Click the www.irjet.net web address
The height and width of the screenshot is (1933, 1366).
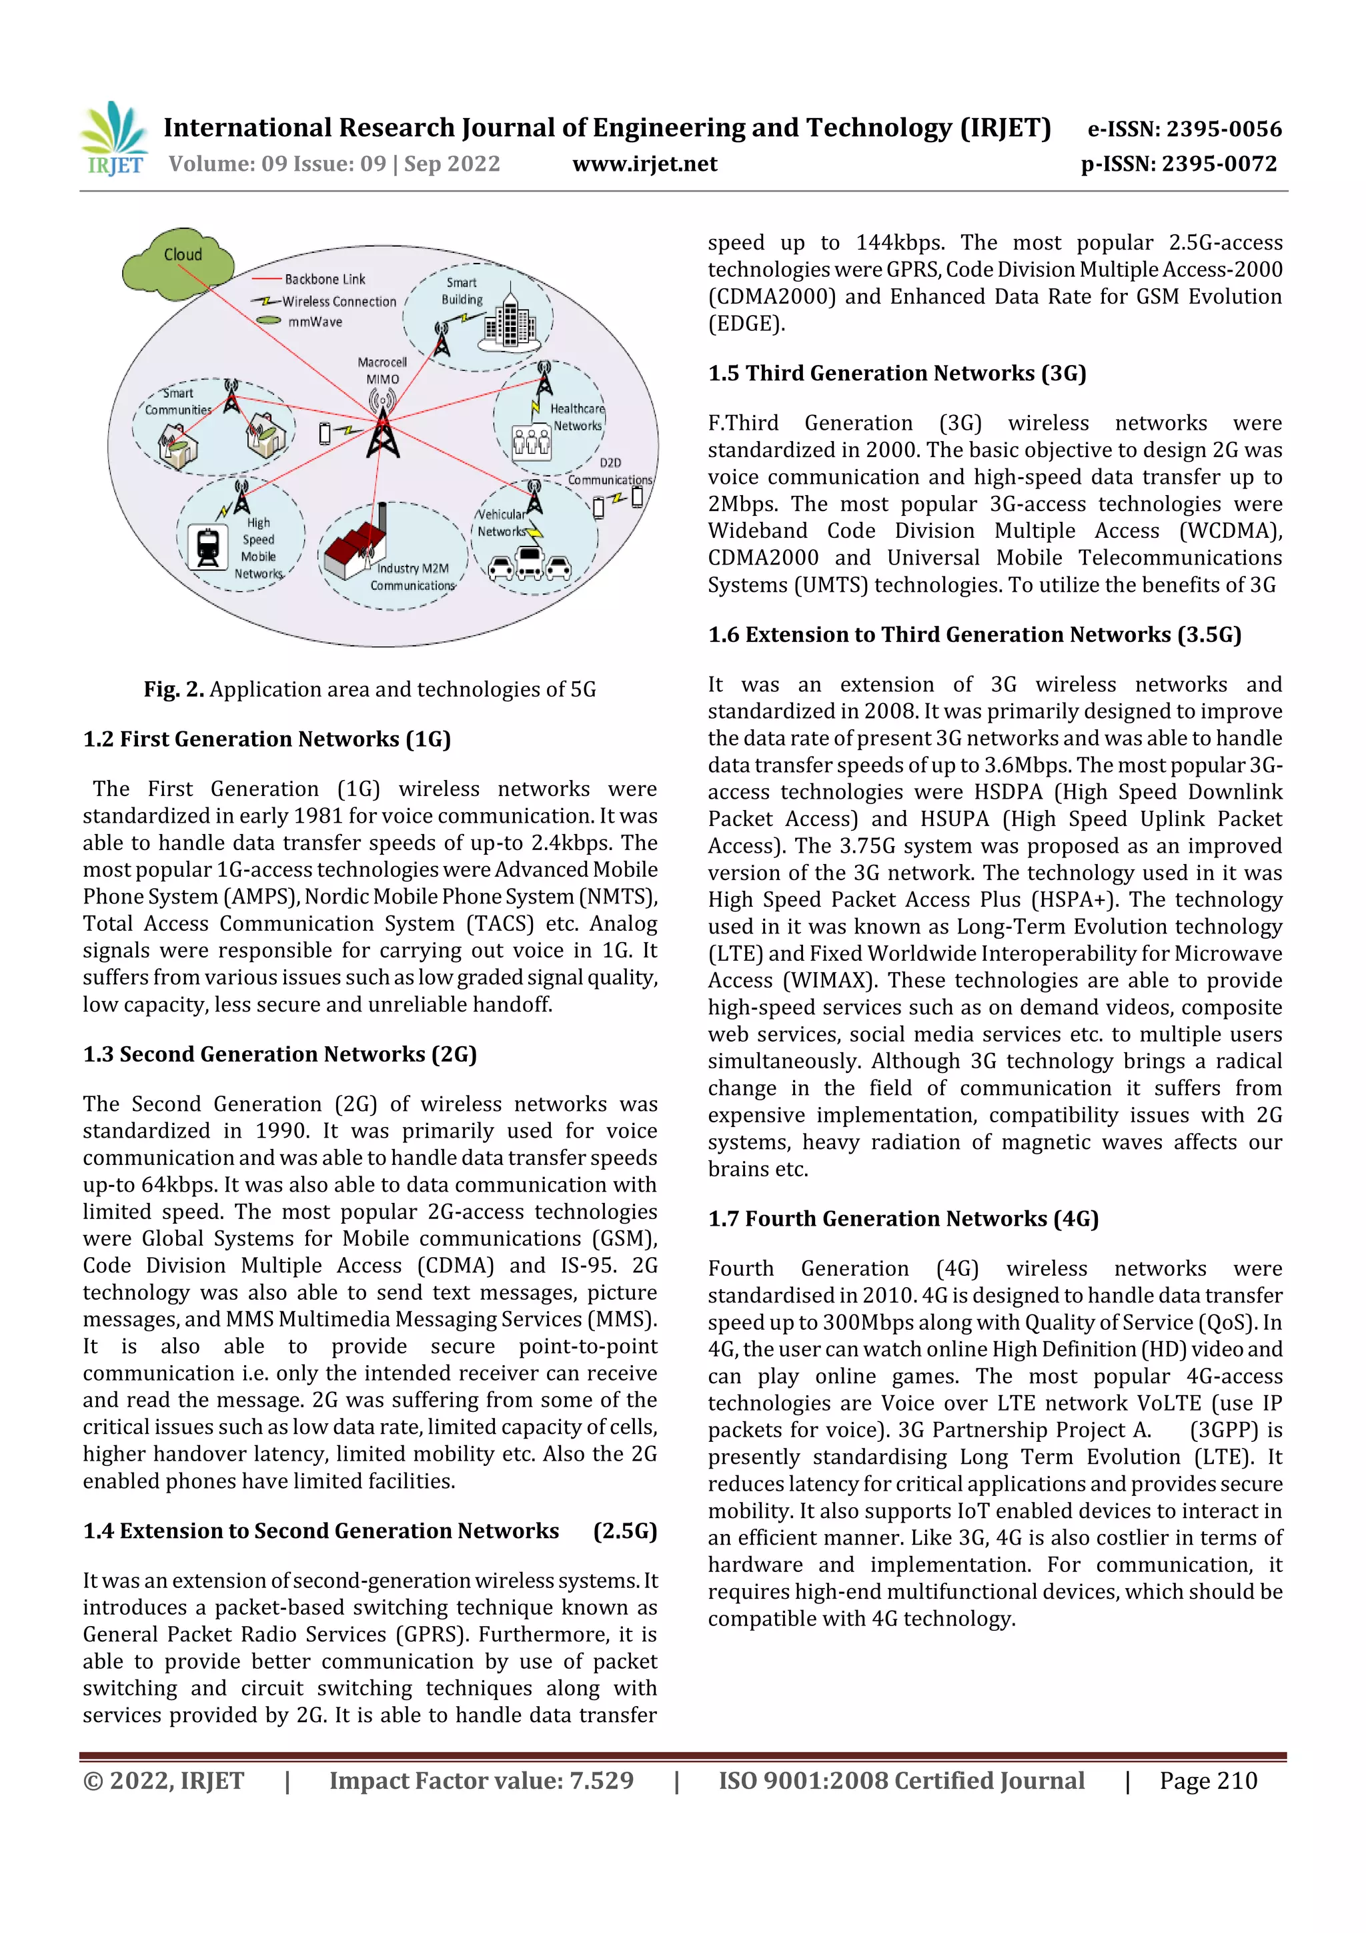pyautogui.click(x=645, y=164)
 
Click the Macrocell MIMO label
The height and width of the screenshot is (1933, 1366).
pyautogui.click(x=382, y=370)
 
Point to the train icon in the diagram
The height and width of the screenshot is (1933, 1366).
pyautogui.click(x=207, y=547)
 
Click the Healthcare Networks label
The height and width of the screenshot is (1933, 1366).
pyautogui.click(x=578, y=417)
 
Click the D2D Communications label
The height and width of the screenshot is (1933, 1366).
pyautogui.click(x=610, y=472)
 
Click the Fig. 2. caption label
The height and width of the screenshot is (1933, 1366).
pyautogui.click(x=173, y=689)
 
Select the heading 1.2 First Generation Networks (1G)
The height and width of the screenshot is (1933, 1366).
pyautogui.click(x=267, y=739)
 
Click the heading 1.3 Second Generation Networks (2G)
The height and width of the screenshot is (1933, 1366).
pyautogui.click(x=279, y=1054)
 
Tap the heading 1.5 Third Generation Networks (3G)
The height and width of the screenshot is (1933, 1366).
pyautogui.click(x=896, y=373)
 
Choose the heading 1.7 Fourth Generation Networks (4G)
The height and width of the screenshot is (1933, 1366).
pyautogui.click(x=902, y=1218)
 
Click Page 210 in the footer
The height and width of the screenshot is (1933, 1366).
pyautogui.click(x=1208, y=1781)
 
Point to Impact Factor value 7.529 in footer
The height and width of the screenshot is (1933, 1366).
pyautogui.click(x=481, y=1781)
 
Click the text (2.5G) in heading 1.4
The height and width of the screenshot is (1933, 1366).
pyautogui.click(x=624, y=1531)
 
